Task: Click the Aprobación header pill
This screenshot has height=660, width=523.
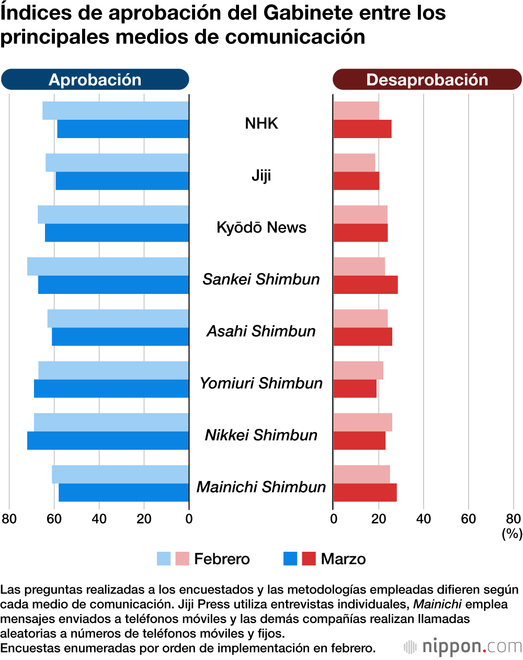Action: pos(95,79)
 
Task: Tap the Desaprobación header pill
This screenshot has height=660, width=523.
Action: pos(427,79)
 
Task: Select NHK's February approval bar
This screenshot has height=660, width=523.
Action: pos(116,110)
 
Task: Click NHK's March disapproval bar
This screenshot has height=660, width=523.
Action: pos(362,129)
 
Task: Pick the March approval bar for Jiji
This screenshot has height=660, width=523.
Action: pos(122,181)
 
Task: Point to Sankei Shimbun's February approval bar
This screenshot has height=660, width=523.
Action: pos(108,266)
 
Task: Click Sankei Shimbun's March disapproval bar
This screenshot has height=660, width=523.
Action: pos(366,285)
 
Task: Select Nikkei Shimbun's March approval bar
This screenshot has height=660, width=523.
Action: pos(108,440)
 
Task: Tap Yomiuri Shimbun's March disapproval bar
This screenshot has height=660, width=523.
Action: pos(355,389)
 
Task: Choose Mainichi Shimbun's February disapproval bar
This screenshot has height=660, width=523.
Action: pos(362,474)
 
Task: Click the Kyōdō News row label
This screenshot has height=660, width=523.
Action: pos(261,227)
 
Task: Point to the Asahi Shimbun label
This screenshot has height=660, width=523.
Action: pos(261,331)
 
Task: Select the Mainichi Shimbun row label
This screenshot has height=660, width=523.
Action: pos(261,487)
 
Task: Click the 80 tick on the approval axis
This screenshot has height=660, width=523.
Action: pos(9,518)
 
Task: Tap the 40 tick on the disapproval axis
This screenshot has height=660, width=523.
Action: pos(423,518)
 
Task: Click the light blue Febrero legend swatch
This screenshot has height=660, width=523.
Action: pos(164,559)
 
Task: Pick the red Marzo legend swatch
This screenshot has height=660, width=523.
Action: pos(309,559)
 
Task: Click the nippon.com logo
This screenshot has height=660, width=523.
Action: pos(463,647)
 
